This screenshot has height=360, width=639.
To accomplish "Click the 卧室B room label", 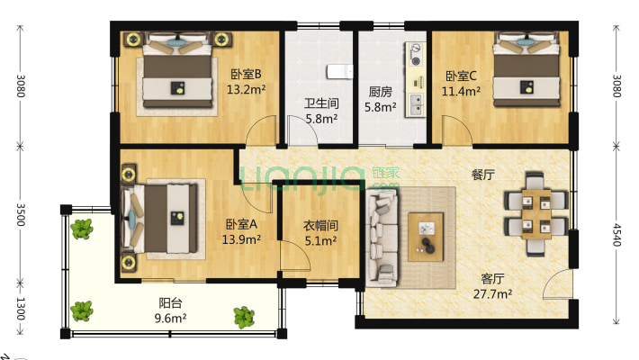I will [246, 74].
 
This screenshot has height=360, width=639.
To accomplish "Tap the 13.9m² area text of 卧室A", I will [241, 239].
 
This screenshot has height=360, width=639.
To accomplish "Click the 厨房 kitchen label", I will [380, 91].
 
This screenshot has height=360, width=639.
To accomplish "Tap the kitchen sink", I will [418, 104].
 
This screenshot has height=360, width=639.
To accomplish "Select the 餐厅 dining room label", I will [483, 175].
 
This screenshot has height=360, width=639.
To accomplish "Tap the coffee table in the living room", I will [426, 235].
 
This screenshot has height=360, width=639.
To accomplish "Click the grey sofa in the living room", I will [381, 238].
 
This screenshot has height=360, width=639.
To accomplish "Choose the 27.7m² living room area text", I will [493, 292].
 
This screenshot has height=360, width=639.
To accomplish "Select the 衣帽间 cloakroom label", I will [320, 226].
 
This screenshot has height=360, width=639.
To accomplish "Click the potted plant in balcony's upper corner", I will [83, 229].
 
